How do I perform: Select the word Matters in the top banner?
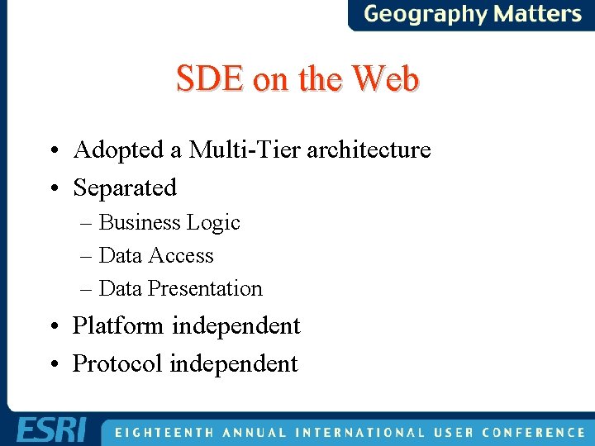(537, 14)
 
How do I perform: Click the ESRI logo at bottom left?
(50, 430)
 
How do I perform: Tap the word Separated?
(125, 187)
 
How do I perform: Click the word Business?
(140, 222)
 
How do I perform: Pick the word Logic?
(213, 223)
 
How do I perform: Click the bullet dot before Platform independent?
(54, 327)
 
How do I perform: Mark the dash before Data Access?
(87, 256)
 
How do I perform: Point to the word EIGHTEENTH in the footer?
(162, 432)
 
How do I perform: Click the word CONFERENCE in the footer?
(534, 432)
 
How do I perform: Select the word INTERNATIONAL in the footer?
(360, 432)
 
